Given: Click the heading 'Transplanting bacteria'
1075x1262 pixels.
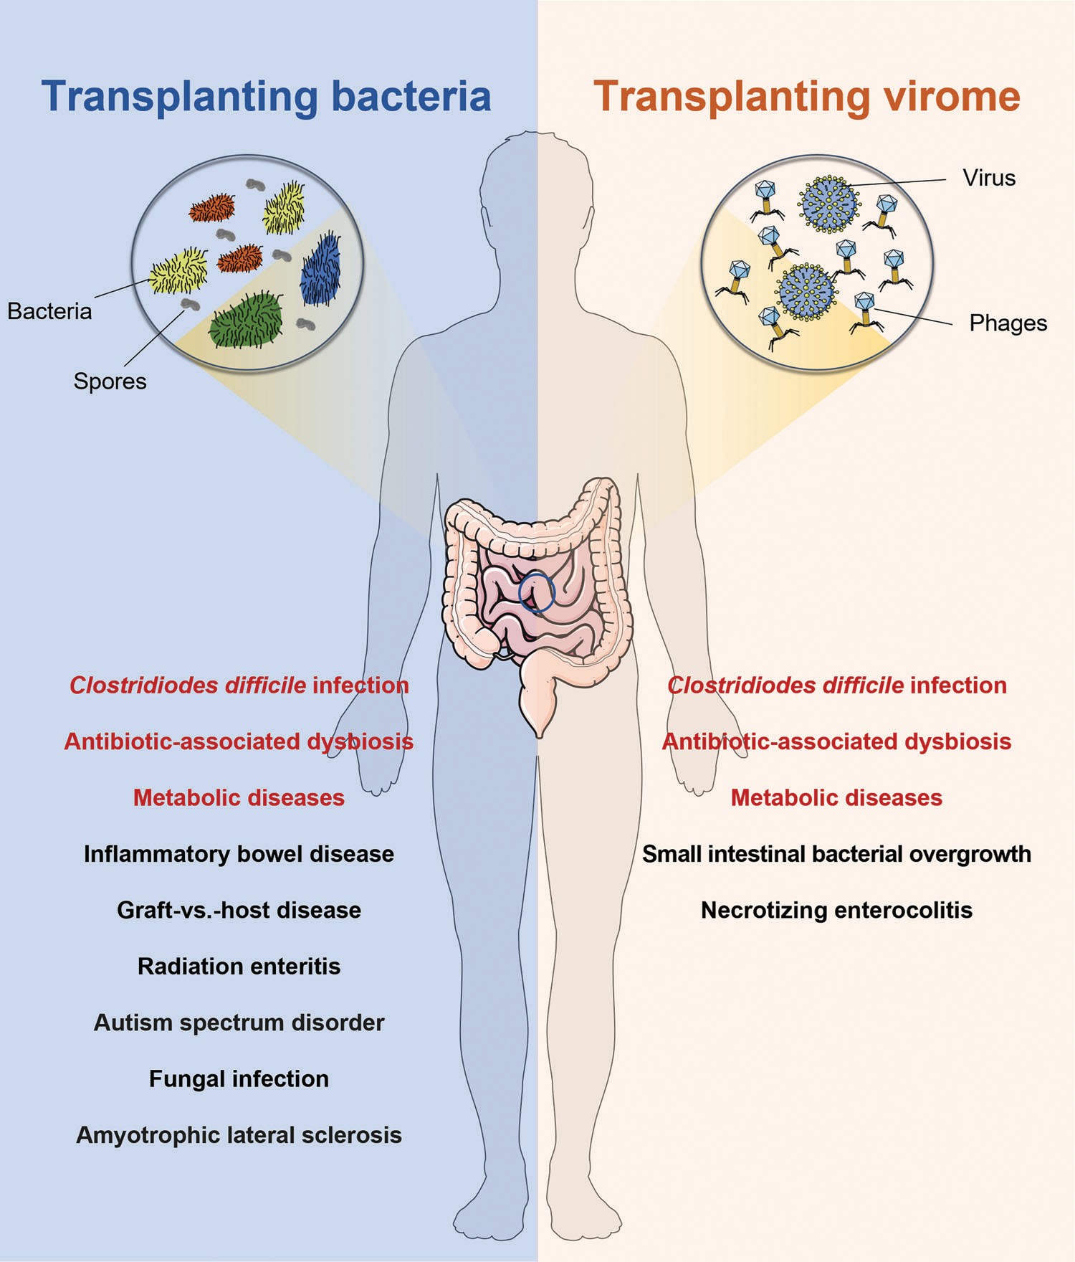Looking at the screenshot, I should click(266, 97).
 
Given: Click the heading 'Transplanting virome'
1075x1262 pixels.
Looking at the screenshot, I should click(806, 97).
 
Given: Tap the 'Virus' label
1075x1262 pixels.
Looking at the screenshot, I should click(989, 178).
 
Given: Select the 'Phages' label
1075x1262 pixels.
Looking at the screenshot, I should click(1008, 323).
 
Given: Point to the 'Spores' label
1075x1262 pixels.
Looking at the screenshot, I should click(110, 381).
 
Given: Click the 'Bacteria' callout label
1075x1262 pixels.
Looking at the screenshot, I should click(49, 311).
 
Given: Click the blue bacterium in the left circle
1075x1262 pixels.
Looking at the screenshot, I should click(320, 270).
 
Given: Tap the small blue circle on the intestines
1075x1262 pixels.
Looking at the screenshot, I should click(537, 592).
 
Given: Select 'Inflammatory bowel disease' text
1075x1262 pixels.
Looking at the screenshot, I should click(239, 854).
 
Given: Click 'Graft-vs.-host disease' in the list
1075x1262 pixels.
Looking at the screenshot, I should click(239, 910).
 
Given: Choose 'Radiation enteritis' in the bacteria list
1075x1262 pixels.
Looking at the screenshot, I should click(239, 967).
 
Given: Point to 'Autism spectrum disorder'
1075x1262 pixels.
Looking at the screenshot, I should click(239, 1023).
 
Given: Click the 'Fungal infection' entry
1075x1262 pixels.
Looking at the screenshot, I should click(239, 1079).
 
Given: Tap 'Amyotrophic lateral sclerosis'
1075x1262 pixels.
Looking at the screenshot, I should click(239, 1135).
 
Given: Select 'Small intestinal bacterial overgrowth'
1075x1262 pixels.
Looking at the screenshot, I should click(836, 854).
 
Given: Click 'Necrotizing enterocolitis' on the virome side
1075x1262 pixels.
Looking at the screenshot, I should click(836, 910).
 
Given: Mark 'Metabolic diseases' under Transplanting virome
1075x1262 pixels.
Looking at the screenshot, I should click(836, 798).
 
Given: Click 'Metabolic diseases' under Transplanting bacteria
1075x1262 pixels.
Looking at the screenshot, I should click(239, 798).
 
